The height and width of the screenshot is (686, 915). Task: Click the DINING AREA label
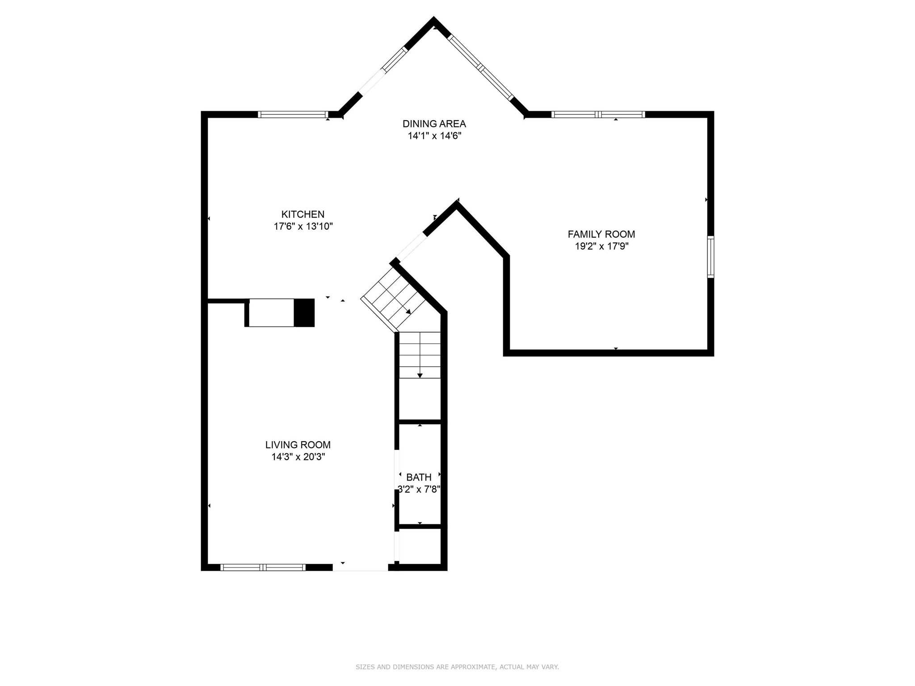coord(434,124)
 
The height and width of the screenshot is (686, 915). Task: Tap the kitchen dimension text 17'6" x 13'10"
coord(303,226)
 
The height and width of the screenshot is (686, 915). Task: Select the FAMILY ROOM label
coord(601,234)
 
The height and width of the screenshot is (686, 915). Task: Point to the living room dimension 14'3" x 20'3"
coord(298,457)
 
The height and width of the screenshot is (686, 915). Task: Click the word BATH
coord(419,477)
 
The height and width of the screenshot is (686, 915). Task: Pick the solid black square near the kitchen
coord(304,313)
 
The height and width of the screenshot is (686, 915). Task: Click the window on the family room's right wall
coord(710,257)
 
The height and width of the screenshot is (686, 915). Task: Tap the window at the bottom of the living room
coord(263,567)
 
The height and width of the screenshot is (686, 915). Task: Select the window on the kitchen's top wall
coord(293,114)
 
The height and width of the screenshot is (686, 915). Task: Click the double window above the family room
coord(598,114)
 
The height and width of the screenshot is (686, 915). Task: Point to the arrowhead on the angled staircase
coord(408,311)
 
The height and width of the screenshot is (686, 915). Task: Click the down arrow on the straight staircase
coord(420,375)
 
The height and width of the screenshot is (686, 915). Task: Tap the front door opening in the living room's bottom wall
coord(360,567)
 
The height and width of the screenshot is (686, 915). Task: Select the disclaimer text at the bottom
coord(457,667)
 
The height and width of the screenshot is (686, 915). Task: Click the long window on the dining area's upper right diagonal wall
coord(480,67)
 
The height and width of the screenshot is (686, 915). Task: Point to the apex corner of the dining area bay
coord(433,20)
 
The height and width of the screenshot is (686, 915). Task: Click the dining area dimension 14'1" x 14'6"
coord(434,136)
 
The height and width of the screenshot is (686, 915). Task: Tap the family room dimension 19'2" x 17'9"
coord(601,246)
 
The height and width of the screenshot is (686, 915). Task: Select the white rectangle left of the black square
coord(271,313)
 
